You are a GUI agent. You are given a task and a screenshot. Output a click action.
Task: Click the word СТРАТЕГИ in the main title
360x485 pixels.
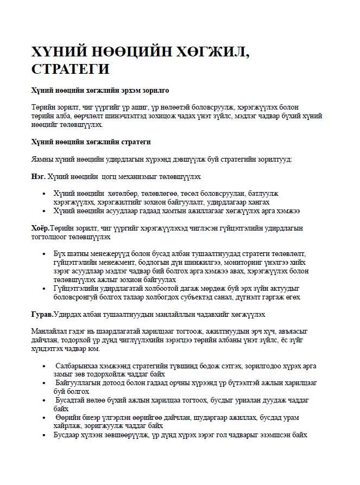coord(71,69)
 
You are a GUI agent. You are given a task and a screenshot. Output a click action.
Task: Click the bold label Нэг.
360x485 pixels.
coord(39,176)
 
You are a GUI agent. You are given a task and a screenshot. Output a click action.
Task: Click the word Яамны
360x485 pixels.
coord(43,159)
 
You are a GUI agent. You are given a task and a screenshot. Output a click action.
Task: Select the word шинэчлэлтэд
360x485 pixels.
coord(131,116)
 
